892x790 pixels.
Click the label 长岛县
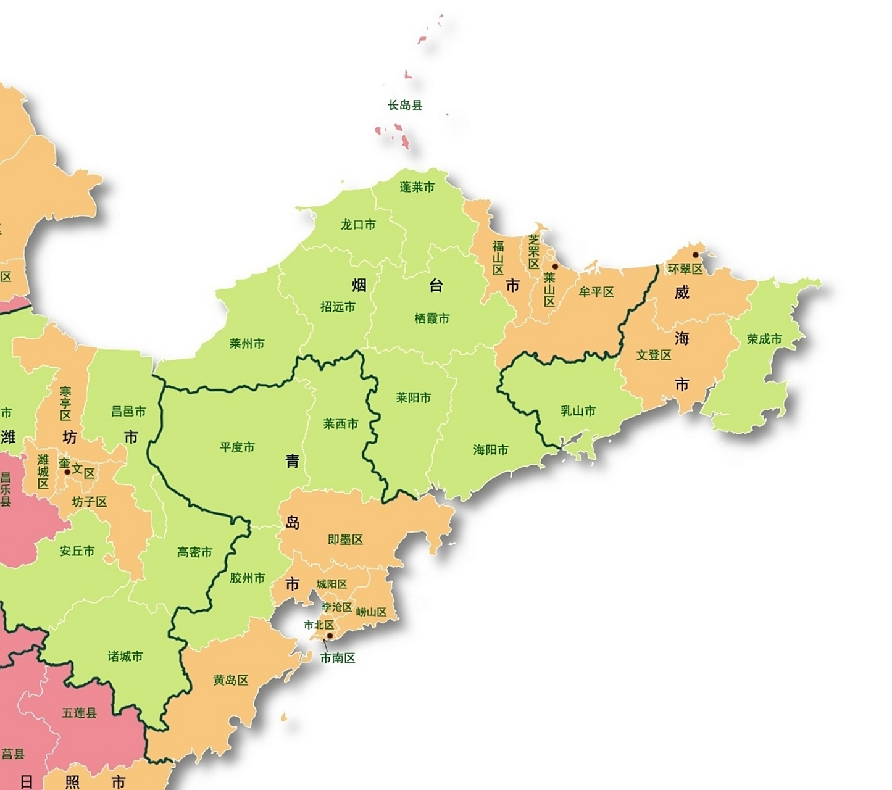tap(405, 106)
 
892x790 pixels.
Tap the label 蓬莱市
tap(417, 187)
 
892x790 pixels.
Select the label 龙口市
tap(358, 225)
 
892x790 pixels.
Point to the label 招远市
tap(338, 307)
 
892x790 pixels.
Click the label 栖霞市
tap(431, 318)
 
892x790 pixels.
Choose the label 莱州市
tap(247, 344)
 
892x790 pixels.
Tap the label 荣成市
tap(764, 339)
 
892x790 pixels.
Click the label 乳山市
tap(578, 411)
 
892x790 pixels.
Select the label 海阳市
tap(491, 450)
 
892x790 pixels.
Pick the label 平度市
tap(237, 447)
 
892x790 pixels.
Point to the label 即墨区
tap(345, 540)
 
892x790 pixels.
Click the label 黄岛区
tap(231, 680)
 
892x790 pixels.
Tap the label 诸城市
tap(125, 656)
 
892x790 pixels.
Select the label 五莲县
tap(79, 713)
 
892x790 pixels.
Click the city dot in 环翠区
tap(695, 255)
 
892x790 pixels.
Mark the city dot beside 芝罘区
tap(555, 267)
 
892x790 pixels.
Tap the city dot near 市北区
tap(330, 636)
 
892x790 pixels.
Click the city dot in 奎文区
tap(67, 472)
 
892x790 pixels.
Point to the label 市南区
tap(338, 659)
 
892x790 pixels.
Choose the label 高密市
tap(194, 552)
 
